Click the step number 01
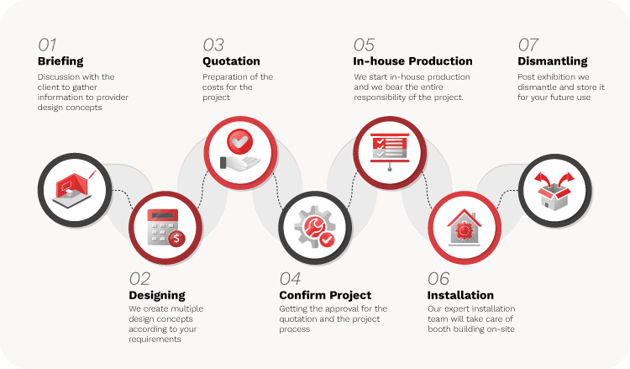(x=48, y=45)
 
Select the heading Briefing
(x=60, y=61)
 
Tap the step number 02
(x=140, y=279)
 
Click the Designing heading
(x=157, y=296)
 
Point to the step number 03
(x=213, y=45)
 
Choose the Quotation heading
(x=231, y=61)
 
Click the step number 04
(x=291, y=279)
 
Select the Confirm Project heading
(x=325, y=296)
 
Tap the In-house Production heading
(x=412, y=61)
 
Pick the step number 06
(x=438, y=279)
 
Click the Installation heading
(x=460, y=296)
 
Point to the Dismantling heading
(x=553, y=61)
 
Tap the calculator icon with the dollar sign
(x=165, y=227)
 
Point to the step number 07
(x=528, y=45)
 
